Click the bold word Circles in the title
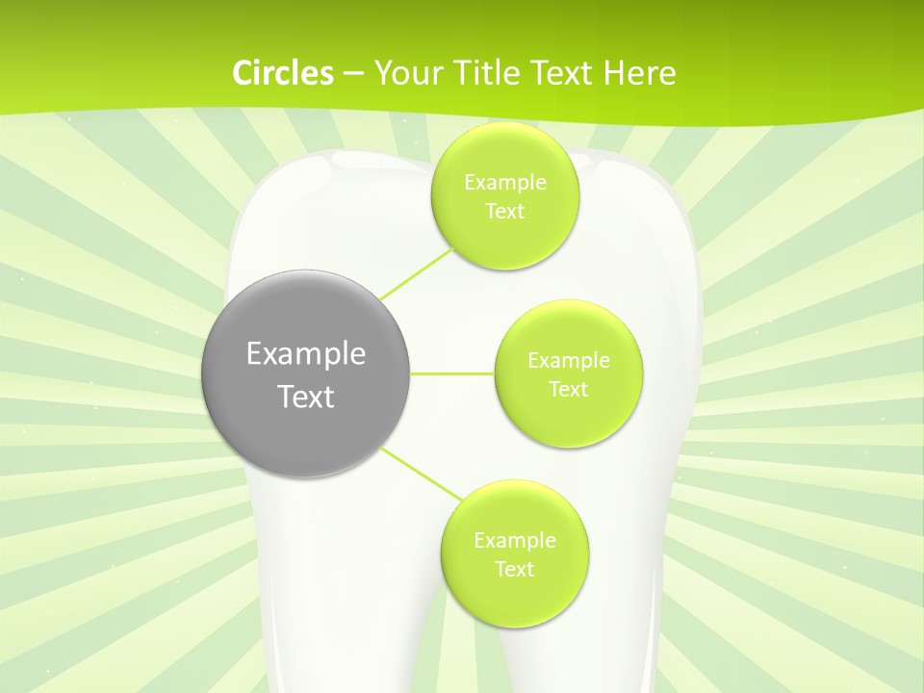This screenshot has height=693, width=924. [x=282, y=73]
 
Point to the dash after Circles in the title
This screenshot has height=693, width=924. [x=353, y=74]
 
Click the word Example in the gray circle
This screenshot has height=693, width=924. [x=306, y=354]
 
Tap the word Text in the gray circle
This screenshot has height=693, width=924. [x=306, y=397]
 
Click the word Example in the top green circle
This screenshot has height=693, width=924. [x=504, y=183]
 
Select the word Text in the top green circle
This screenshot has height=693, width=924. [x=504, y=211]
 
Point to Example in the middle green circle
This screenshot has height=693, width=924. [x=568, y=361]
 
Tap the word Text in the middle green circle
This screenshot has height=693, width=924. [x=568, y=389]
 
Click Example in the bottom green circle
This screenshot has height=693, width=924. [x=514, y=541]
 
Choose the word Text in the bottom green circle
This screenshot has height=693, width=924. [x=514, y=569]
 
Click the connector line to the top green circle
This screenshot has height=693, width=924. [x=416, y=273]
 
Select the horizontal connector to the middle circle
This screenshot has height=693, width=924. [x=452, y=372]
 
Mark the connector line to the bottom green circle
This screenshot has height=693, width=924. [x=422, y=473]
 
